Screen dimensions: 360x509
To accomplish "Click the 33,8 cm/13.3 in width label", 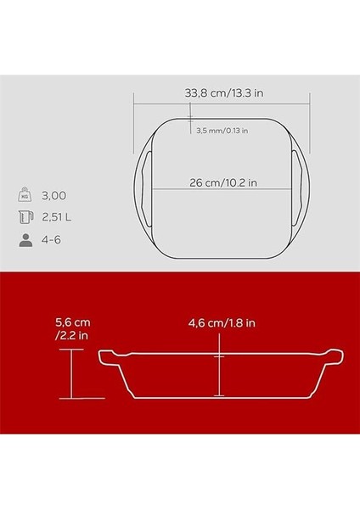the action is (224, 93).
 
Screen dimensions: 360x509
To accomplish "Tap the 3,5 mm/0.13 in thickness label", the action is (222, 131).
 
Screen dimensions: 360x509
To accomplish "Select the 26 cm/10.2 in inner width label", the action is (223, 182).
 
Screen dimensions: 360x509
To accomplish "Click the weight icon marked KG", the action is (25, 195).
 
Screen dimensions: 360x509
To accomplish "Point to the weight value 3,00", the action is (54, 196).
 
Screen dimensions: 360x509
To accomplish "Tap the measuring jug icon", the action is (25, 217).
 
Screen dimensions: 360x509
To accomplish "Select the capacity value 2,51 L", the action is (57, 217).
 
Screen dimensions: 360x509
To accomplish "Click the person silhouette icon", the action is (25, 240).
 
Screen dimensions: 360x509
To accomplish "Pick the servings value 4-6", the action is (51, 240).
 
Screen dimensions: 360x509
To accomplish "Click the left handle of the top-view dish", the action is (142, 188).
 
